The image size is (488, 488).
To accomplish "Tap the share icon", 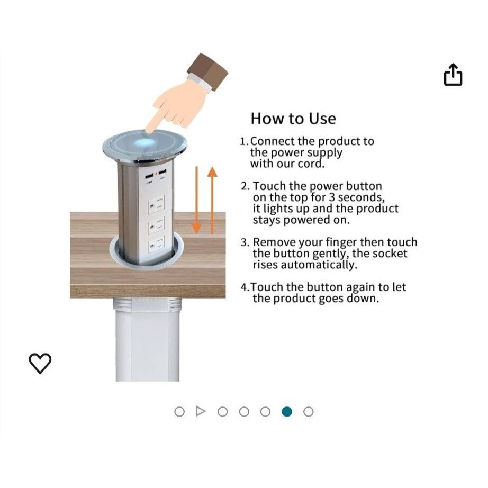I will [x=453, y=75].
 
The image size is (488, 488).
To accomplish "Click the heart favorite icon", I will [x=40, y=363].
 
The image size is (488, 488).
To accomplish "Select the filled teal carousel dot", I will [x=287, y=411].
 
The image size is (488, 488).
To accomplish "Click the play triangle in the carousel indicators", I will [x=201, y=411].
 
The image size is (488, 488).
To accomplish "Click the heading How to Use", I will [x=293, y=118].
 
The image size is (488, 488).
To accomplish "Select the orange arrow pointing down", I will [x=196, y=201].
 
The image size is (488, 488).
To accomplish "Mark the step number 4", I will [x=243, y=287].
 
